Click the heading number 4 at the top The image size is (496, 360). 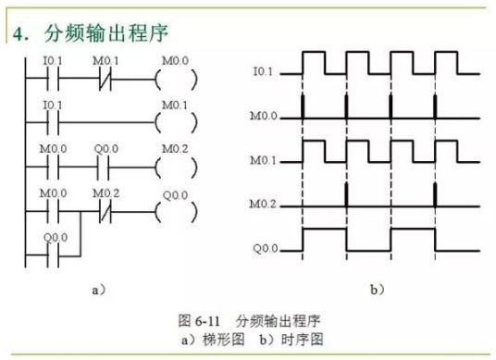pos(19,35)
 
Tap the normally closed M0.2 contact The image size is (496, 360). pos(104,209)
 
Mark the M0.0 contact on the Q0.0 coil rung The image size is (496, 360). pos(53,209)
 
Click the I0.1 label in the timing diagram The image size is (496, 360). pos(265,71)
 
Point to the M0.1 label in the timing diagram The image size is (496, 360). pos(265,160)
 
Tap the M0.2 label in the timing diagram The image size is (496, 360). pos(265,204)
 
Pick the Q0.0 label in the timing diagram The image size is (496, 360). pos(265,248)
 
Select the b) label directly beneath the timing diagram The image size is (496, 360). pos(377,290)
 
